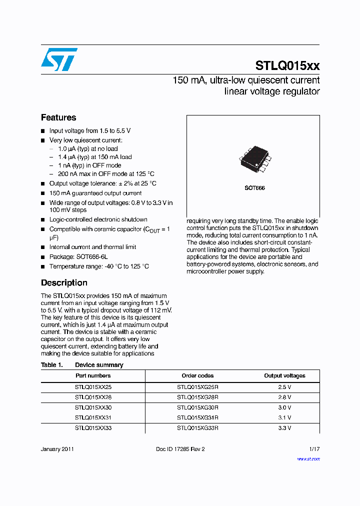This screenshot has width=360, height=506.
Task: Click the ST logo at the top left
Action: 59,59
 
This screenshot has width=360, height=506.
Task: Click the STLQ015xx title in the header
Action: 287,65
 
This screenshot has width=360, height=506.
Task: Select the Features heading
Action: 58,117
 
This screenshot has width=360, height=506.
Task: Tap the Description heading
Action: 64,282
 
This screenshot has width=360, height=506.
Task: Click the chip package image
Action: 255,159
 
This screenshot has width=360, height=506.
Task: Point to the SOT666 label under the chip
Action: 254,188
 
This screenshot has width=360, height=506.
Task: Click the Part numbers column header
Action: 93,375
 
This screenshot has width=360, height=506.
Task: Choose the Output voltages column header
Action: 284,375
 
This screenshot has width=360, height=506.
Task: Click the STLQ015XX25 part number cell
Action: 93,386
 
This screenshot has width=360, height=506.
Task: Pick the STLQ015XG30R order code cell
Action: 197,407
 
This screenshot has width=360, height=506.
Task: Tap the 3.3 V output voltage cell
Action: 284,428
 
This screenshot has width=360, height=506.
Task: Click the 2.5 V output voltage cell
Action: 284,386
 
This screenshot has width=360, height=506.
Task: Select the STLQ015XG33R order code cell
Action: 197,428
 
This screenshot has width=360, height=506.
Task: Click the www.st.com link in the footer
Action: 308,458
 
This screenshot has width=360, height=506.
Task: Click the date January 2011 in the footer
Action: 57,449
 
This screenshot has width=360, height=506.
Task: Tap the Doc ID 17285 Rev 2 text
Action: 180,449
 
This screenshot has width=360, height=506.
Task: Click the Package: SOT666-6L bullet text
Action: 78,256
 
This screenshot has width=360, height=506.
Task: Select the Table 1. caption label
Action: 51,365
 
